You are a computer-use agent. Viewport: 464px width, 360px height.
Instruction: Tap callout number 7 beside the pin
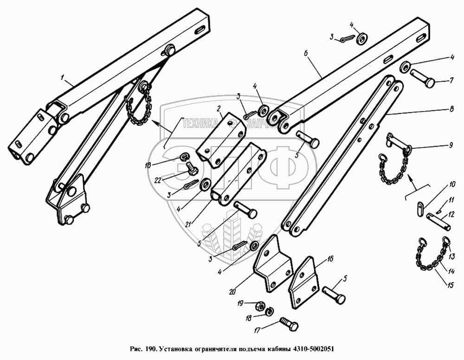(x=451, y=81)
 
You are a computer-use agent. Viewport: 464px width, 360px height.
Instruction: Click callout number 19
(x=240, y=303)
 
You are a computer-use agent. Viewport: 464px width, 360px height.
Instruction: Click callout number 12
(x=451, y=215)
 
